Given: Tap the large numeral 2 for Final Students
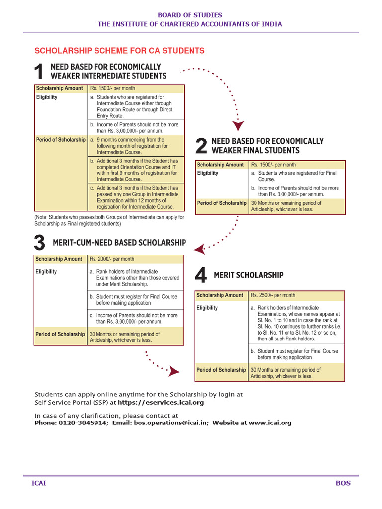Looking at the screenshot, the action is pyautogui.click(x=201, y=146).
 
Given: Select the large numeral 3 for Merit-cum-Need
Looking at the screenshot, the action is pyautogui.click(x=40, y=243).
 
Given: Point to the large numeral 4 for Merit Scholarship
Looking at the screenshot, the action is pyautogui.click(x=201, y=275).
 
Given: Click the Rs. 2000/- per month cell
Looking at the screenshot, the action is pyautogui.click(x=112, y=259).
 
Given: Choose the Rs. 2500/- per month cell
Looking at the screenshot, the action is pyautogui.click(x=273, y=295).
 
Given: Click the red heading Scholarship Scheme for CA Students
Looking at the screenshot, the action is pyautogui.click(x=119, y=51).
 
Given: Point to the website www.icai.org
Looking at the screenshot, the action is pyautogui.click(x=270, y=423).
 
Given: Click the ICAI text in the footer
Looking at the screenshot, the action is pyautogui.click(x=39, y=483).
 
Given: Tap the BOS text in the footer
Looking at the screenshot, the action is pyautogui.click(x=343, y=483).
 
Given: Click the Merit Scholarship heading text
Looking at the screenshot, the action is pyautogui.click(x=249, y=275).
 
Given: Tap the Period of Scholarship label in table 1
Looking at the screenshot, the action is pyautogui.click(x=61, y=140).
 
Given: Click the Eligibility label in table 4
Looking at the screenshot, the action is pyautogui.click(x=207, y=308).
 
